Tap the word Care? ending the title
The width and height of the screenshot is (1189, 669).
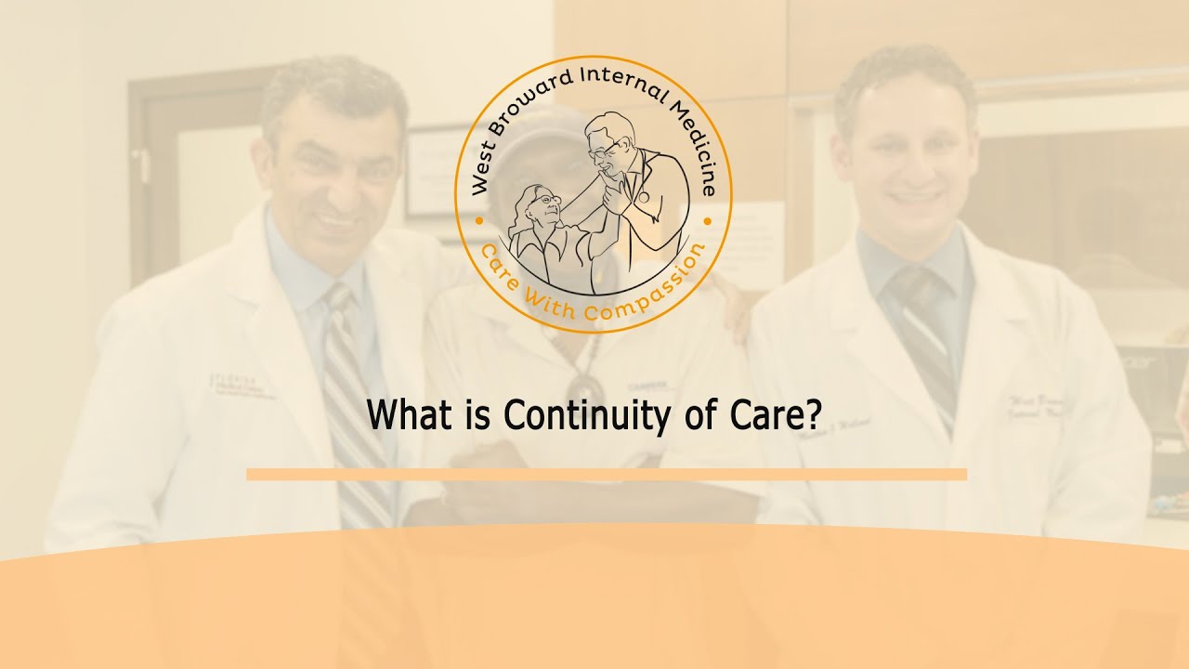tap(769, 414)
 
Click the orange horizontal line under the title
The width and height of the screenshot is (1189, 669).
tap(606, 475)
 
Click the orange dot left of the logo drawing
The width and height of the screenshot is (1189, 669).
tap(478, 221)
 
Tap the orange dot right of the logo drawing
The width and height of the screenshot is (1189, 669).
tap(707, 221)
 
